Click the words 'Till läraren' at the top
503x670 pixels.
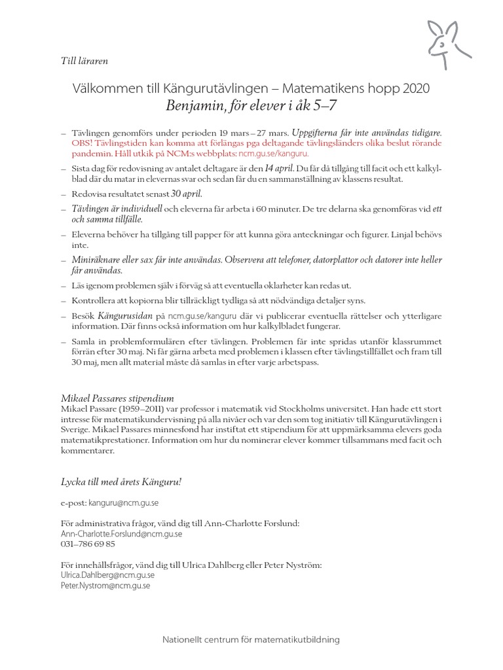[84, 61]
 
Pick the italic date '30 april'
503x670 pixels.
[187, 194]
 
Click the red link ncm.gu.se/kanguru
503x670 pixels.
[257, 154]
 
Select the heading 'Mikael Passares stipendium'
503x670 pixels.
[117, 398]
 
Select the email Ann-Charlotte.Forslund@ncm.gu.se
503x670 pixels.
[121, 533]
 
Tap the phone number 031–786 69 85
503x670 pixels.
[87, 544]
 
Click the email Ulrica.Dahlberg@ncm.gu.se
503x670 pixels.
[107, 575]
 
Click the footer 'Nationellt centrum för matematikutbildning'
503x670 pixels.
[251, 639]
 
